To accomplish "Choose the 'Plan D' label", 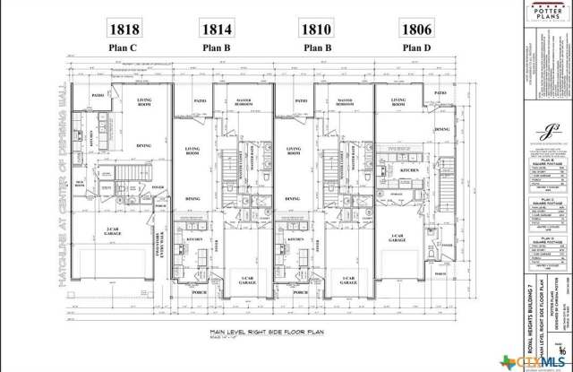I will tap(416, 48).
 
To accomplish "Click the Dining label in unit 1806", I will tap(442, 129).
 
